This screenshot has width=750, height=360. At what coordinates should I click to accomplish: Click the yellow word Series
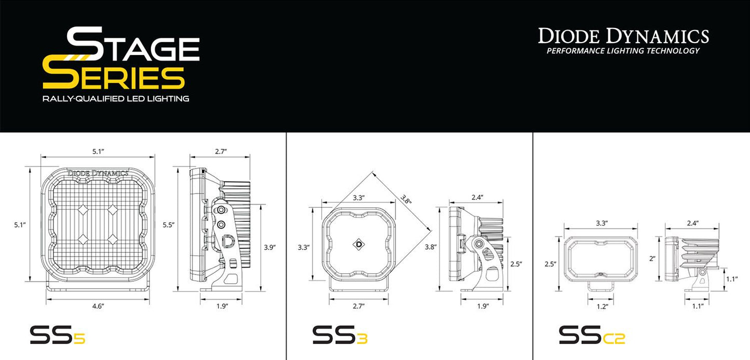point(114,78)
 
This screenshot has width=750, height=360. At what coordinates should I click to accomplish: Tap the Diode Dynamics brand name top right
point(623,36)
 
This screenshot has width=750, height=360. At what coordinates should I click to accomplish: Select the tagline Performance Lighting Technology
point(623,51)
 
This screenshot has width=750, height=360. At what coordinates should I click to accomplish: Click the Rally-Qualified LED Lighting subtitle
point(116,99)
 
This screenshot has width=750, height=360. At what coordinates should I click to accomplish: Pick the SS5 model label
point(57,336)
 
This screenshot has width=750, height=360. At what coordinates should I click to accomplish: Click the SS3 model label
point(340,336)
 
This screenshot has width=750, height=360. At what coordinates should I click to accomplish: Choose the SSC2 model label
point(592,336)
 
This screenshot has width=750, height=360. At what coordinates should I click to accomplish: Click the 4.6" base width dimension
point(98,307)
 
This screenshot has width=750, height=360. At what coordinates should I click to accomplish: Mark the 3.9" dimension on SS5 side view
point(269,247)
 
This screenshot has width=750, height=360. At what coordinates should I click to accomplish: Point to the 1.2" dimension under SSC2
point(602,307)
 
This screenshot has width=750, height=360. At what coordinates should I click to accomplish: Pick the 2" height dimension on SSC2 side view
point(652,258)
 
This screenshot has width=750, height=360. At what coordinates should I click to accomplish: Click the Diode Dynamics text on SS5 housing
point(98,173)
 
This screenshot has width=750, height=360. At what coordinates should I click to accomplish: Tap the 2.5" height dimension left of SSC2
point(550,264)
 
